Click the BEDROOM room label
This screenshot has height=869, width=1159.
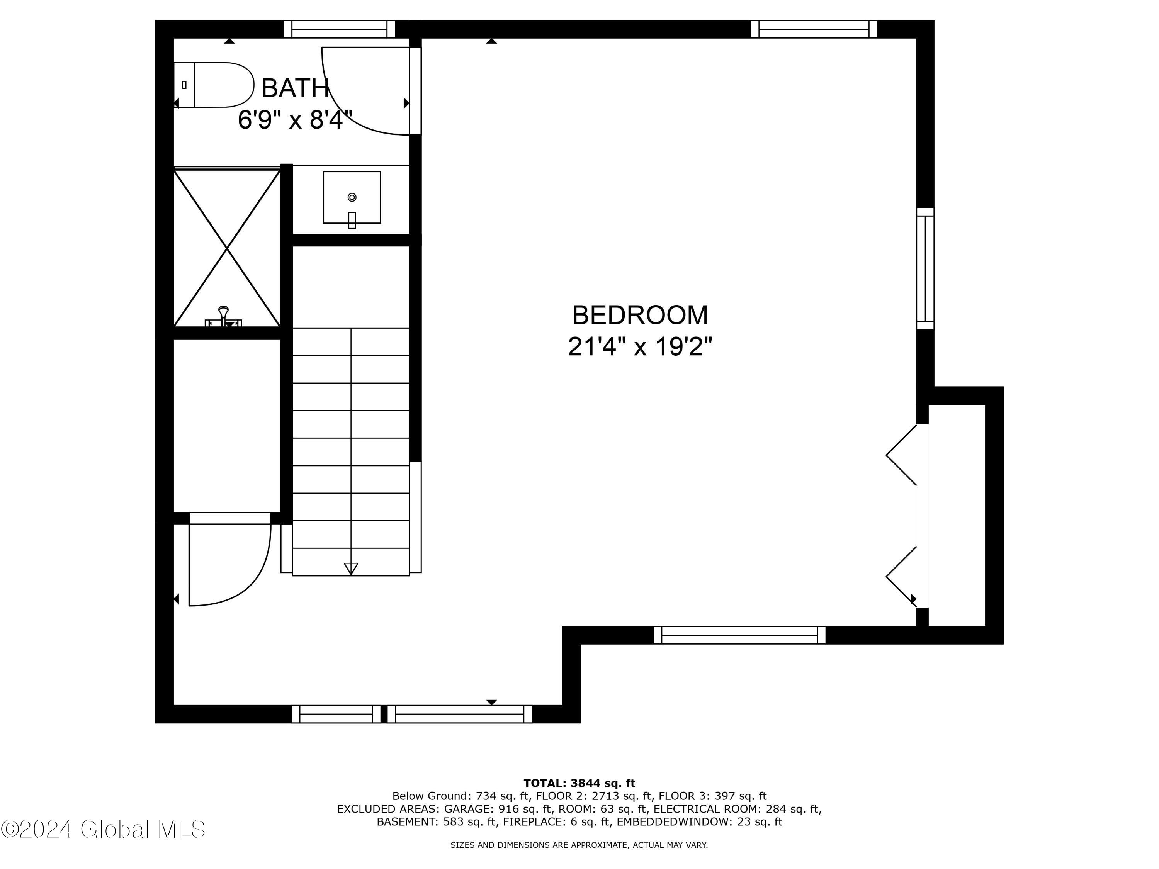(x=640, y=315)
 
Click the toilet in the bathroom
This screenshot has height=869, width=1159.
(x=214, y=85)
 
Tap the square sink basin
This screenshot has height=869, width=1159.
(x=352, y=197)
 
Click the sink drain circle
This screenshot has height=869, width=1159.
(x=352, y=197)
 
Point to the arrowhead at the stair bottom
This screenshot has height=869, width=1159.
(x=351, y=569)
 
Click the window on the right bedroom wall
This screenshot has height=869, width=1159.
(x=925, y=269)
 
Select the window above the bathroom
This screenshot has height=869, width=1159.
(x=340, y=29)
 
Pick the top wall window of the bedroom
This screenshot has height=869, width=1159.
(x=814, y=29)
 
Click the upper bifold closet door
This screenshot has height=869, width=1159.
(x=902, y=455)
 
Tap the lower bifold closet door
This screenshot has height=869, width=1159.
(x=902, y=577)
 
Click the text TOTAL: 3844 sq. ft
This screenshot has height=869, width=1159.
(x=579, y=783)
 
